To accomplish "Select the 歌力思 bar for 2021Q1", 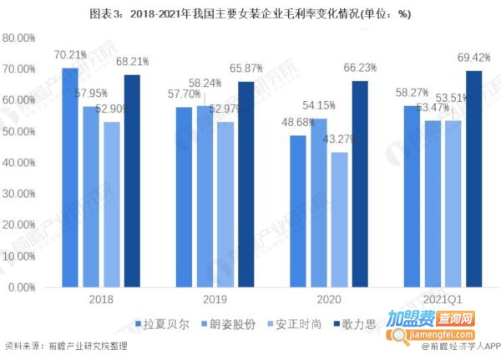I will point(474,179).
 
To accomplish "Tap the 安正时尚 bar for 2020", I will point(339,220).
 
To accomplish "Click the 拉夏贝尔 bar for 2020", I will point(298,211).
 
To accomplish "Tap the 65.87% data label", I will point(245,71).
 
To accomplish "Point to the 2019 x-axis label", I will point(205,297).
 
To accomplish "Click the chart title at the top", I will point(250,14).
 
